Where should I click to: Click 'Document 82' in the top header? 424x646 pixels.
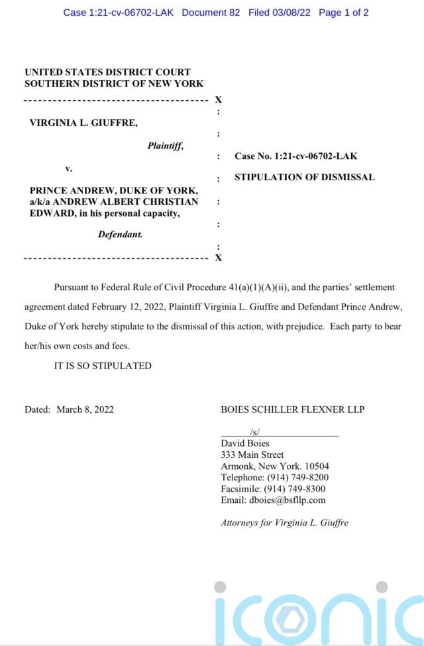(211, 13)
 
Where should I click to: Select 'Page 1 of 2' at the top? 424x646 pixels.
(343, 13)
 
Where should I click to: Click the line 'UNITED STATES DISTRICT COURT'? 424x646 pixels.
(107, 72)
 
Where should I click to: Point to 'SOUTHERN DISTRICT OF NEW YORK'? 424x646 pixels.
(114, 83)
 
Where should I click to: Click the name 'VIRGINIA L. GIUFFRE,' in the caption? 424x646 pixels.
(83, 122)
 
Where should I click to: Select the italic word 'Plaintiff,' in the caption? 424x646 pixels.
(165, 146)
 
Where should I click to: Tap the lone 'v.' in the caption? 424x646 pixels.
(69, 168)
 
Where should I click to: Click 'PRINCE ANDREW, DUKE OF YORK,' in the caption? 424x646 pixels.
(114, 191)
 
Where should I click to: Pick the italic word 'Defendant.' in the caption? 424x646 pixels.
(121, 234)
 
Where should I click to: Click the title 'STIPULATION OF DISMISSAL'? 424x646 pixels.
(305, 177)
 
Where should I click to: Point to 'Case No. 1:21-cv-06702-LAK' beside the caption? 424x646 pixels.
(295, 156)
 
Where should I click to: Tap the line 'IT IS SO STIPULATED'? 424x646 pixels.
(103, 365)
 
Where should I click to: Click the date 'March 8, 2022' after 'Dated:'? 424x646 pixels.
(85, 409)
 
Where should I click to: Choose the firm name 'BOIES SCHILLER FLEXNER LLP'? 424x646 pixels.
(292, 409)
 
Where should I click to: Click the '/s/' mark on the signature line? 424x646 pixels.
(255, 432)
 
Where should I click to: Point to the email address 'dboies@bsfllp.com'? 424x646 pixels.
(287, 500)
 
